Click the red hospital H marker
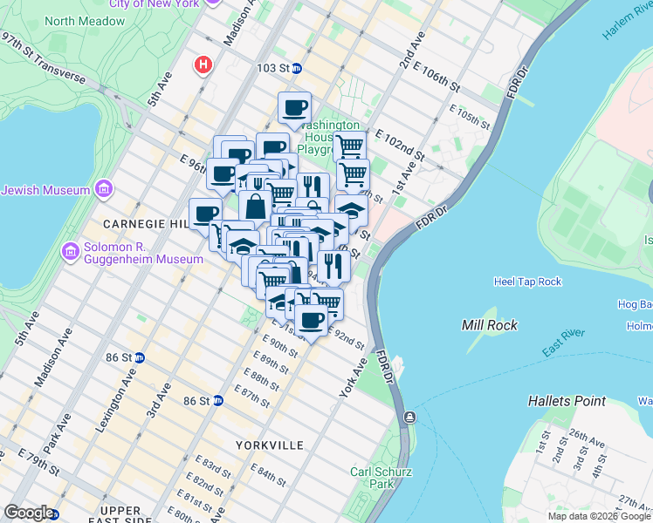pyautogui.click(x=204, y=65)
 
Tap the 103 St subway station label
pyautogui.click(x=278, y=68)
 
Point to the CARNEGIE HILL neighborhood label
pyautogui.click(x=143, y=224)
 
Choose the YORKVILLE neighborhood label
pyautogui.click(x=269, y=445)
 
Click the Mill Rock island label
pyautogui.click(x=489, y=325)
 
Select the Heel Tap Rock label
pyautogui.click(x=526, y=282)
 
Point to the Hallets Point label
pyautogui.click(x=567, y=401)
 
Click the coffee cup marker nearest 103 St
pyautogui.click(x=294, y=108)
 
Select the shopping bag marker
pyautogui.click(x=255, y=207)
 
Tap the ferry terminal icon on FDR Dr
pyautogui.click(x=409, y=418)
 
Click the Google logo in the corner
pyautogui.click(x=29, y=513)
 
